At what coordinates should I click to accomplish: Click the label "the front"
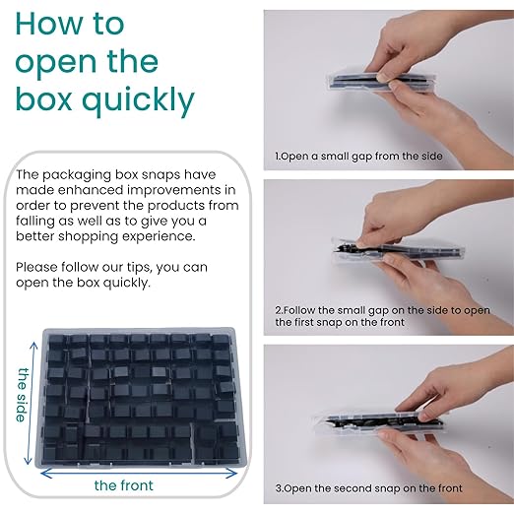pyautogui.click(x=124, y=485)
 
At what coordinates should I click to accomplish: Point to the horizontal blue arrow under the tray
pyautogui.click(x=138, y=471)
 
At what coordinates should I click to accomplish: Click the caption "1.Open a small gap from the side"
pyautogui.click(x=358, y=157)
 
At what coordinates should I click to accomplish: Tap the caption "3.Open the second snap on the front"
pyautogui.click(x=367, y=487)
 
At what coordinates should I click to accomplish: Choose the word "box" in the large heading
pyautogui.click(x=45, y=100)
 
